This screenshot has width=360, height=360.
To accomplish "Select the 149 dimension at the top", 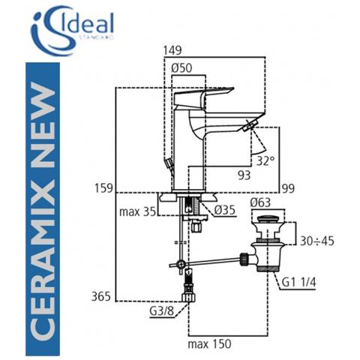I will (172, 52).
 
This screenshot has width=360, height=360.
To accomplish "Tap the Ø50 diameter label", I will (184, 69).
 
